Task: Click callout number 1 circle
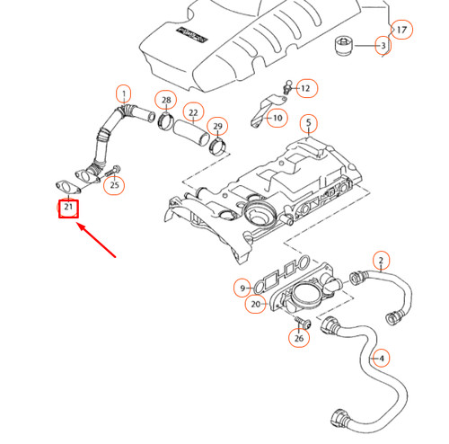[123, 92]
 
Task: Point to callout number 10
[277, 118]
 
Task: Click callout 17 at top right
[401, 30]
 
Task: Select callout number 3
[382, 45]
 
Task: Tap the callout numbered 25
[113, 186]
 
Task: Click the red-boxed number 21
[68, 209]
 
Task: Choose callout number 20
[256, 305]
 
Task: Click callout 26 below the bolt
[299, 338]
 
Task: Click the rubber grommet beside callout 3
[343, 45]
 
